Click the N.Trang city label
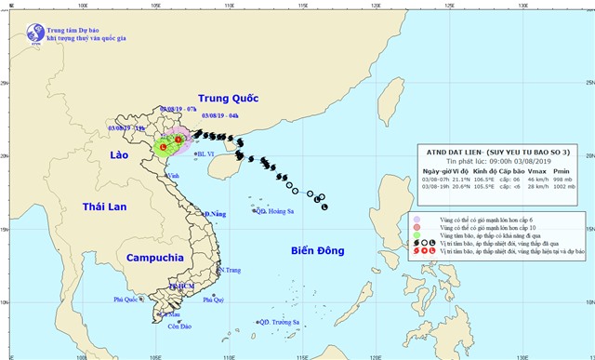(x=229, y=270)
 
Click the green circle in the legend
(x=417, y=236)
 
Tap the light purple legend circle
(x=417, y=220)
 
